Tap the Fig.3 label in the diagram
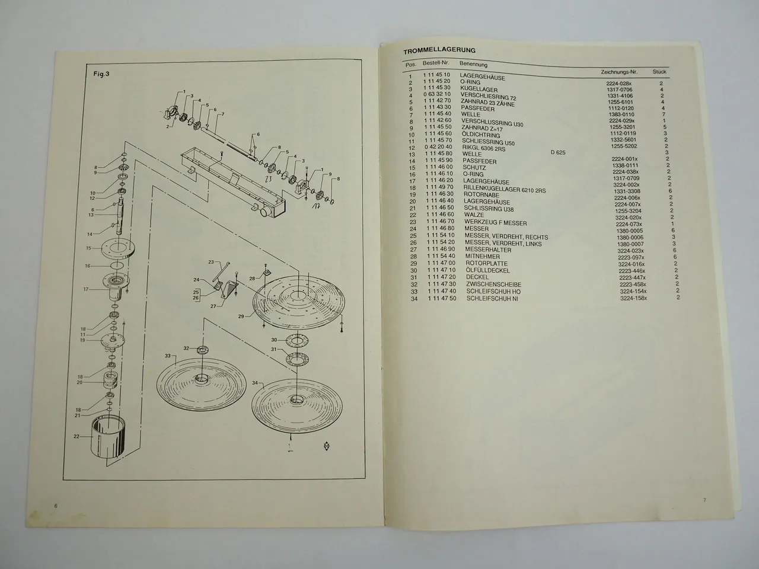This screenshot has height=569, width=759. tap(102, 74)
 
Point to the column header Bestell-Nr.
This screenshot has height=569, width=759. tap(436, 63)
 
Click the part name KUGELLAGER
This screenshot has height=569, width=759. tap(479, 89)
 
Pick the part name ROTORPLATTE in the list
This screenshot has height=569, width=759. tap(485, 263)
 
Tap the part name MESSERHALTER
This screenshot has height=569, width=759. tap(488, 250)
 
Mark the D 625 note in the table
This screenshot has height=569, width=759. tap(558, 153)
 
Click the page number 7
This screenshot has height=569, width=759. tap(705, 501)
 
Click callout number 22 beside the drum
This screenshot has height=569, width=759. tap(75, 436)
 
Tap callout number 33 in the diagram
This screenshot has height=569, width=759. tap(167, 356)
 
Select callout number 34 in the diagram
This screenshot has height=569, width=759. tap(255, 383)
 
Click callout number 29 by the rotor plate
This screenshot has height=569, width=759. tap(241, 317)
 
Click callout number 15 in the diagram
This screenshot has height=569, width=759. tap(88, 248)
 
